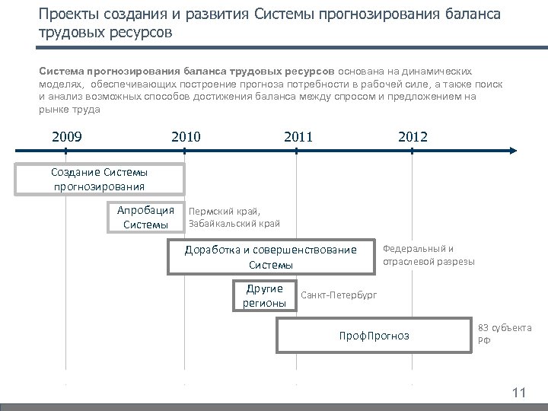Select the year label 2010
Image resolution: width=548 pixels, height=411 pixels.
coord(186,137)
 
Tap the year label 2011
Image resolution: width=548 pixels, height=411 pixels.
coord(298,137)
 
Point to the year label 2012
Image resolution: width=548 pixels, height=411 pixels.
coord(413,137)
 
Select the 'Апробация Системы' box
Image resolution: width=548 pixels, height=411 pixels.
coord(144,217)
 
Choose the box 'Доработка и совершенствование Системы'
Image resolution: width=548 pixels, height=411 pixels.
coord(270,257)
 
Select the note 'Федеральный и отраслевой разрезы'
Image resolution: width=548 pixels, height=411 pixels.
coord(428,255)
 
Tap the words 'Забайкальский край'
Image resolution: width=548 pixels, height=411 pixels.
coord(234,223)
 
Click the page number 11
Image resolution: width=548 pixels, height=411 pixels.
coord(519,393)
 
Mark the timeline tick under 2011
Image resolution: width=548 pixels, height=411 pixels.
coord(297,151)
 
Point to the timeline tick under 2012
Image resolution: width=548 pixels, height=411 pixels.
coord(412,151)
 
